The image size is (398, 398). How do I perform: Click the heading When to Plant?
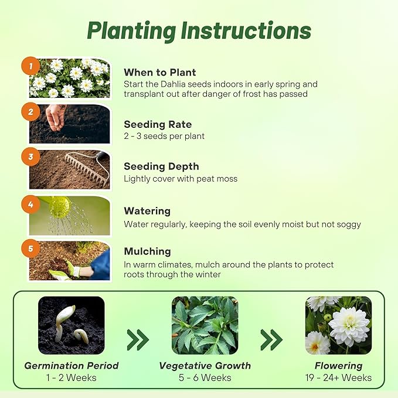coord(160,73)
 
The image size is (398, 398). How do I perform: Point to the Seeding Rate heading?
coord(158,124)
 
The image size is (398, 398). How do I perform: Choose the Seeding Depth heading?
coord(161,166)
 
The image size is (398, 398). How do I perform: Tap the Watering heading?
coord(147,211)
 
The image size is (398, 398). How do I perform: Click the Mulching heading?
coord(147,251)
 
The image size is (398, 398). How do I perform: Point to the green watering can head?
coord(60,206)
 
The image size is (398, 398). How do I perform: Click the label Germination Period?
coord(71,366)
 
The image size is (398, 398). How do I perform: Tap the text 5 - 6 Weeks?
coord(205,378)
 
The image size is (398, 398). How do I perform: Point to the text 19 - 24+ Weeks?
coord(338,378)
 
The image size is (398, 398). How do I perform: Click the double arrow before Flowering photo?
coord(271,339)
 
